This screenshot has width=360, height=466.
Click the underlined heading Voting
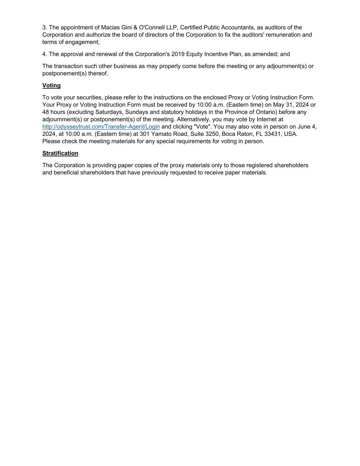click(x=51, y=85)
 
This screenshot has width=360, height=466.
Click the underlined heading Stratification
click(x=60, y=153)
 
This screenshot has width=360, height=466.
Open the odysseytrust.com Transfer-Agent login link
click(x=101, y=127)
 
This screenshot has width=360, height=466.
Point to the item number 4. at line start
click(x=45, y=54)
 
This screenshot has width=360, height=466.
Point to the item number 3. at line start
click(x=45, y=27)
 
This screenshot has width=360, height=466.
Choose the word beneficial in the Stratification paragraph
click(x=68, y=172)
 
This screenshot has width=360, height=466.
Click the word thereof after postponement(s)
click(x=98, y=73)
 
